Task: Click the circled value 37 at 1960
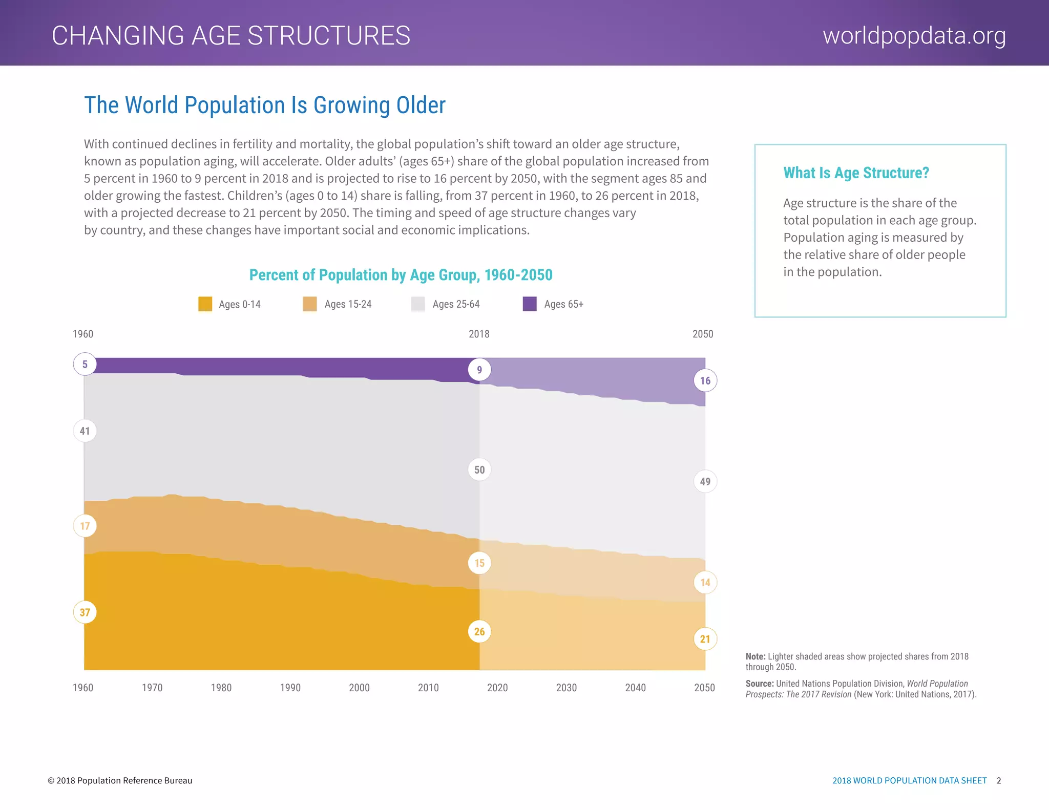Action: pyautogui.click(x=85, y=612)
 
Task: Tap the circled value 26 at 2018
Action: pyautogui.click(x=479, y=631)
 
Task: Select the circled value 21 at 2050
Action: pyautogui.click(x=705, y=638)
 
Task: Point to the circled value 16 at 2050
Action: pyautogui.click(x=705, y=380)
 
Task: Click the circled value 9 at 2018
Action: pyautogui.click(x=479, y=370)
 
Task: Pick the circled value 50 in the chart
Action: pyautogui.click(x=479, y=470)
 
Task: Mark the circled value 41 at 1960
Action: pyautogui.click(x=85, y=431)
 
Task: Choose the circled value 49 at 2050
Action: pyautogui.click(x=705, y=481)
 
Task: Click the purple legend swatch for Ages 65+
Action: pyautogui.click(x=530, y=304)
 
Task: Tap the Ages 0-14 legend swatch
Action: pyautogui.click(x=205, y=304)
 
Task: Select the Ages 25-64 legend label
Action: pyautogui.click(x=456, y=304)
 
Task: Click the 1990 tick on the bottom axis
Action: pyautogui.click(x=290, y=688)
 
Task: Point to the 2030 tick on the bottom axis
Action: pyautogui.click(x=566, y=688)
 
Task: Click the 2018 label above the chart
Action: pyautogui.click(x=479, y=334)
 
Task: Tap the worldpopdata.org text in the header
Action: pyautogui.click(x=914, y=36)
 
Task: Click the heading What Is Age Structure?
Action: pyautogui.click(x=856, y=173)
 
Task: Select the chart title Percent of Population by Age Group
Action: pyautogui.click(x=401, y=275)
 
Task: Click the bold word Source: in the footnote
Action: pyautogui.click(x=759, y=684)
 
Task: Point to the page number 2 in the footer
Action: pyautogui.click(x=999, y=780)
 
